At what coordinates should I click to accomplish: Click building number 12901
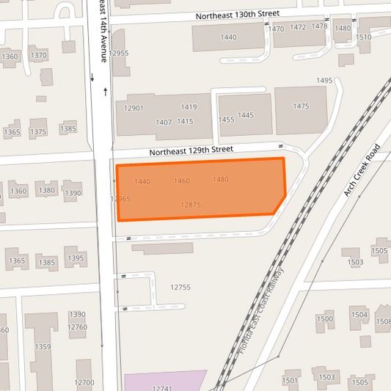(134, 109)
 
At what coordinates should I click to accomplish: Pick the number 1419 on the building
(189, 107)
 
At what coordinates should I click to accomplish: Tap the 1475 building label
(302, 107)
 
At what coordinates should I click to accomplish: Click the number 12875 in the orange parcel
(191, 205)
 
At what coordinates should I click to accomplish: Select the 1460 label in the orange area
(182, 180)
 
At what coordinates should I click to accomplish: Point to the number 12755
(180, 288)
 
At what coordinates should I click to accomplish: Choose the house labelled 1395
(76, 258)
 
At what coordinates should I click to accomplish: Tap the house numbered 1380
(47, 191)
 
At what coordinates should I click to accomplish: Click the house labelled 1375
(38, 132)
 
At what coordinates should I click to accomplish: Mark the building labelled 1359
(43, 347)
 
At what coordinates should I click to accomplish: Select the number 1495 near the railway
(324, 81)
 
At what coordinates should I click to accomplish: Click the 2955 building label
(121, 54)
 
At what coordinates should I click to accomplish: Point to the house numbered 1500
(324, 319)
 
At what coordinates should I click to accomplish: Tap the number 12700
(84, 382)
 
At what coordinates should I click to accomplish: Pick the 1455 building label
(227, 119)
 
